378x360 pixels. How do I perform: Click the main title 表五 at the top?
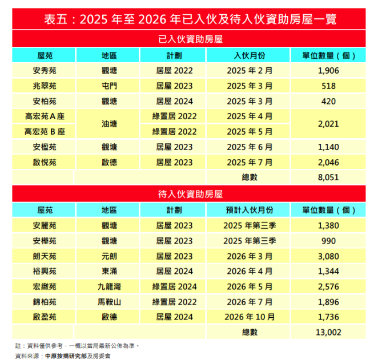[189, 19]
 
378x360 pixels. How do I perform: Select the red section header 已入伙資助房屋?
[189, 40]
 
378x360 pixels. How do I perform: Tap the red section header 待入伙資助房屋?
[189, 194]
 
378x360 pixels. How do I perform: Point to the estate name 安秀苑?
[45, 71]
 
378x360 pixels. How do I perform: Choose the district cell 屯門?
[109, 86]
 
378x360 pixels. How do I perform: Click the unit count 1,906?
[328, 71]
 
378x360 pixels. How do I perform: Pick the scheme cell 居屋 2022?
[175, 71]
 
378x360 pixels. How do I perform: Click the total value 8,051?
[328, 177]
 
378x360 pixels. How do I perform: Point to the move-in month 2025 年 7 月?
[250, 162]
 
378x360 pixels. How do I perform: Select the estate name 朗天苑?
[45, 256]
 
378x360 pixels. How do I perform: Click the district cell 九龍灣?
[109, 286]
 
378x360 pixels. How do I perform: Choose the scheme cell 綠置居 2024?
[175, 286]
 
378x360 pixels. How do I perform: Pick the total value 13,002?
[328, 331]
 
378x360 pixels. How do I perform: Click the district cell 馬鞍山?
[109, 301]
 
